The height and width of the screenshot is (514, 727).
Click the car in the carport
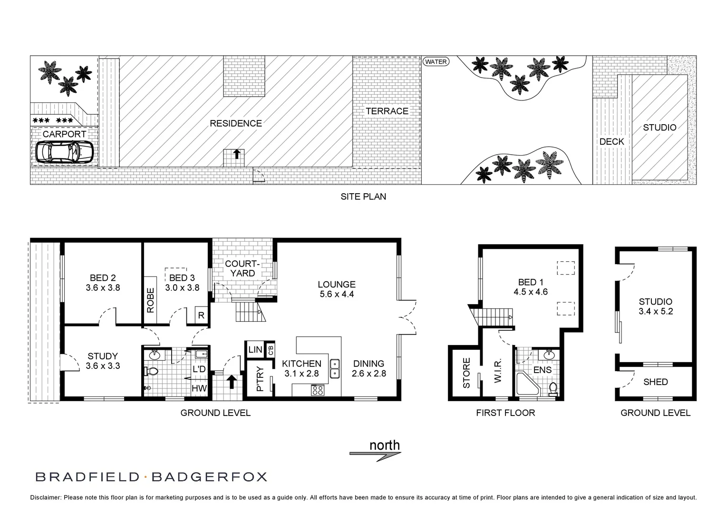[x=64, y=153]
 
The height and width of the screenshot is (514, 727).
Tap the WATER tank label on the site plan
[x=436, y=61]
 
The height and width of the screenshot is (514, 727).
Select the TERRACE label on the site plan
[x=387, y=111]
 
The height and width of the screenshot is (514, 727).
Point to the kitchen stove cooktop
[x=317, y=390]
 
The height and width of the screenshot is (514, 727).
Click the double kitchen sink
[x=335, y=368]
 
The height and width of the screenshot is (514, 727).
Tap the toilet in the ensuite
[x=553, y=389]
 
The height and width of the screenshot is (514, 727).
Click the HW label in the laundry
[x=199, y=388]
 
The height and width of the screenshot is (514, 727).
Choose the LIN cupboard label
[x=255, y=350]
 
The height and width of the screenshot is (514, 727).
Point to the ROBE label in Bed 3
[x=151, y=300]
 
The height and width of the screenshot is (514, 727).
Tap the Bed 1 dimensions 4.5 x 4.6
[x=531, y=292]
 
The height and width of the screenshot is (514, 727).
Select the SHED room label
[x=655, y=382]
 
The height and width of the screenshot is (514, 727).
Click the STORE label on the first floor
[x=466, y=373]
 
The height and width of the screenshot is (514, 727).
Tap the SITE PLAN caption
[x=363, y=196]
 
